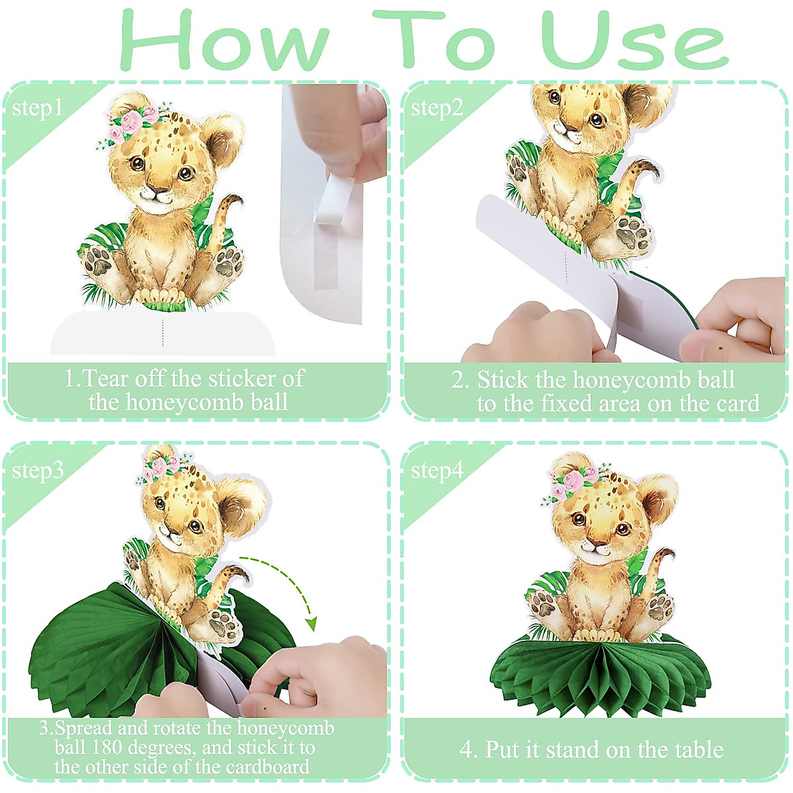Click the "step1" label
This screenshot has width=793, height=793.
coord(37,108)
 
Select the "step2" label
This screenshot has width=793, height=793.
coord(436,108)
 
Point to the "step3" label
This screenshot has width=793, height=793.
coord(38,471)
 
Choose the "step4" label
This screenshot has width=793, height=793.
coord(437,471)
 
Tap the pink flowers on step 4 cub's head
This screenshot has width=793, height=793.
coord(574,481)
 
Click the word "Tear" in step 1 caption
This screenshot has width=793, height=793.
coord(106,379)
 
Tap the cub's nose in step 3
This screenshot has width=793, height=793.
coord(171,531)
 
